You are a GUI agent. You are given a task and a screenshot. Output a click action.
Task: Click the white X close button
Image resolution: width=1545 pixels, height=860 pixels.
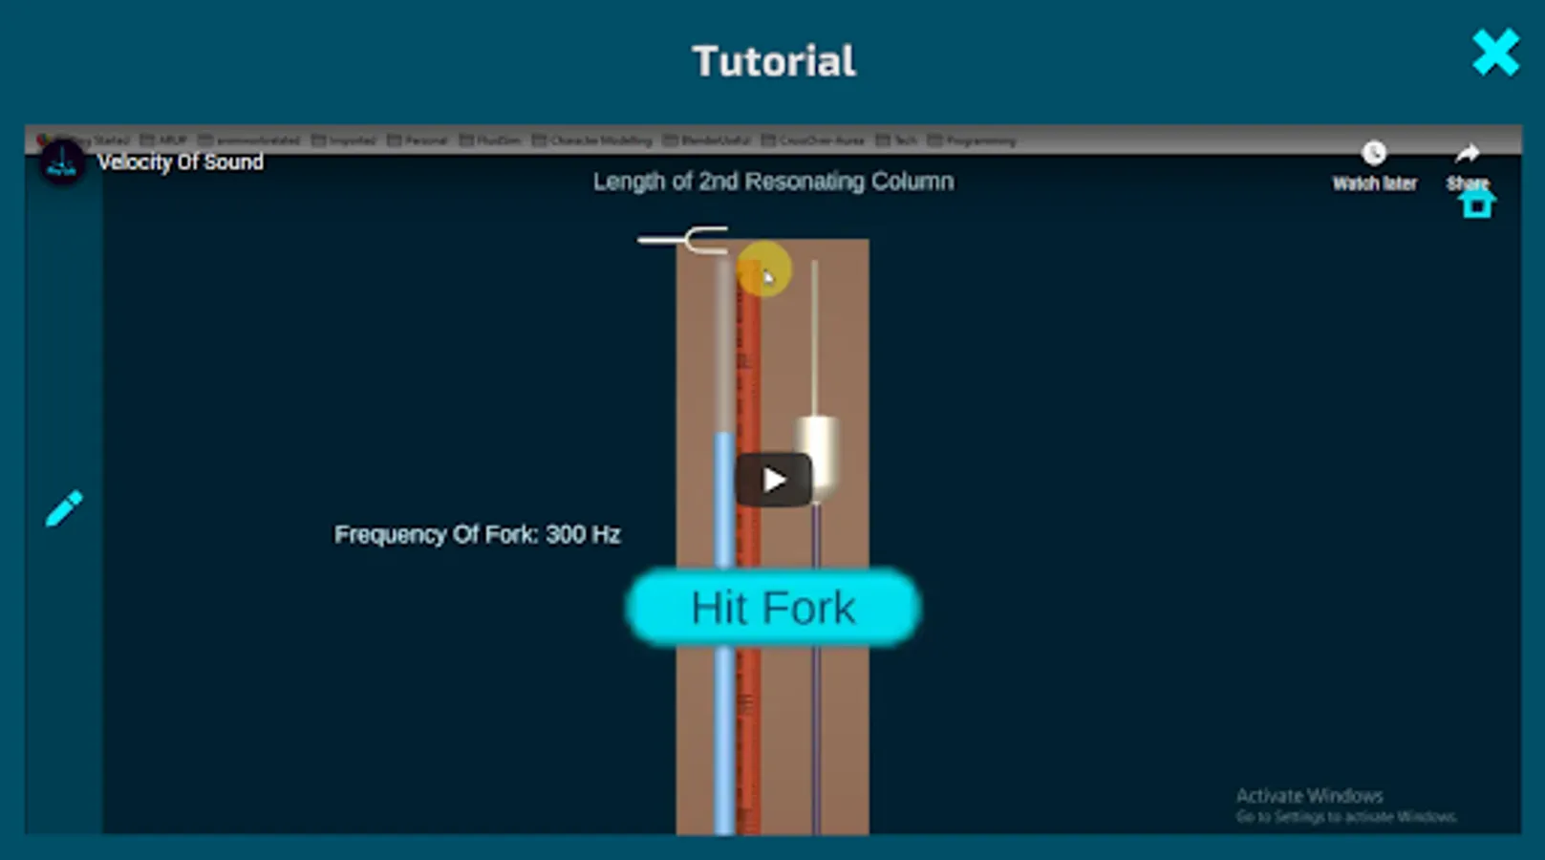point(1495,53)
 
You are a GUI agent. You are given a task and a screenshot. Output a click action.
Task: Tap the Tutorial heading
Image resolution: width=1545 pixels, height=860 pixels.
point(773,62)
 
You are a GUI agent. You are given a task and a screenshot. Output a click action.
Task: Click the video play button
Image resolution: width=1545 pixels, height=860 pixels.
point(773,480)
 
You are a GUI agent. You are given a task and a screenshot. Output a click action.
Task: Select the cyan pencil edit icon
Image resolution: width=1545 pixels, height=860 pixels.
point(64,508)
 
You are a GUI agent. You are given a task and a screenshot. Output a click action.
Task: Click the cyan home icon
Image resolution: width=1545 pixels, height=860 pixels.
point(1476,204)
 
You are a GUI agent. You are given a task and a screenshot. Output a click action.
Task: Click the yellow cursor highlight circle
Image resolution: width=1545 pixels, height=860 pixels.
point(764,269)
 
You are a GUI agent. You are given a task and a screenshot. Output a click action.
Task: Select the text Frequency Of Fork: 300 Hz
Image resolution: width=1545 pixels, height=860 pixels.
point(477,534)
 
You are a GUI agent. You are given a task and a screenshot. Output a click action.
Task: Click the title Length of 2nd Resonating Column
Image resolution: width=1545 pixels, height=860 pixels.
point(773,182)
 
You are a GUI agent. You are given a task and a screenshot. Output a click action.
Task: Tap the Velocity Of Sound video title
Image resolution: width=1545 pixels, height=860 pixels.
point(181,162)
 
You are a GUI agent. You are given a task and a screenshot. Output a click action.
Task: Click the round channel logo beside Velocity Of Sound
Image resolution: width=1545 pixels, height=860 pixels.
point(62,163)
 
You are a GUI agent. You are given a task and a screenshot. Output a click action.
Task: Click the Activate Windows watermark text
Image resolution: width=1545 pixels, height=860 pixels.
point(1309,796)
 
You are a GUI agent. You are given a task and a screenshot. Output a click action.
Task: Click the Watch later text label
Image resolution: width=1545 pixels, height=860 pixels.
point(1374,183)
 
